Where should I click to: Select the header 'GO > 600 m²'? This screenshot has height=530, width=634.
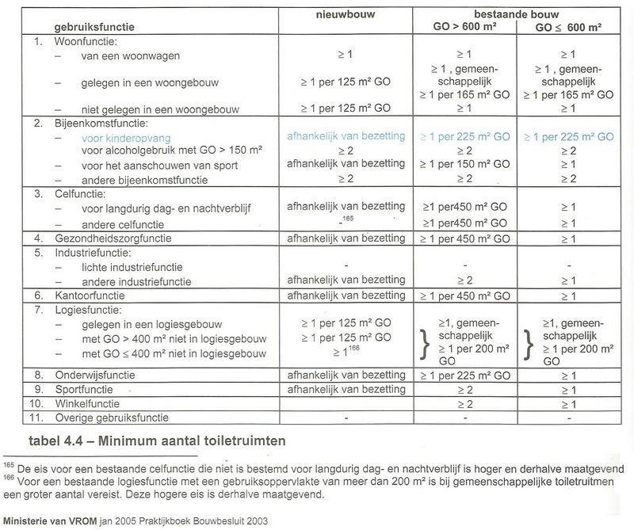click(x=464, y=27)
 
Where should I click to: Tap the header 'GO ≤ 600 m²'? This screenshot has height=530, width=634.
click(x=567, y=27)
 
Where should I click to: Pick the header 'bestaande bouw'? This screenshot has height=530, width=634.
click(x=515, y=13)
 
